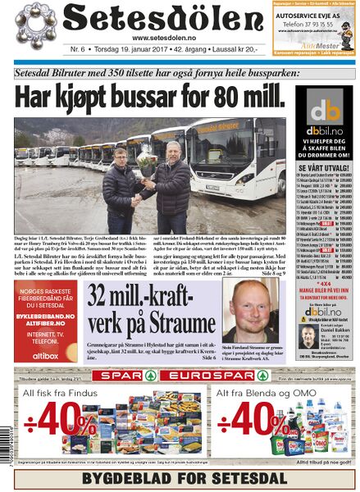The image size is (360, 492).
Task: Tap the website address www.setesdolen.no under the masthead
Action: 157,38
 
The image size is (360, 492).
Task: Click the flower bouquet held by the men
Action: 146,162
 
